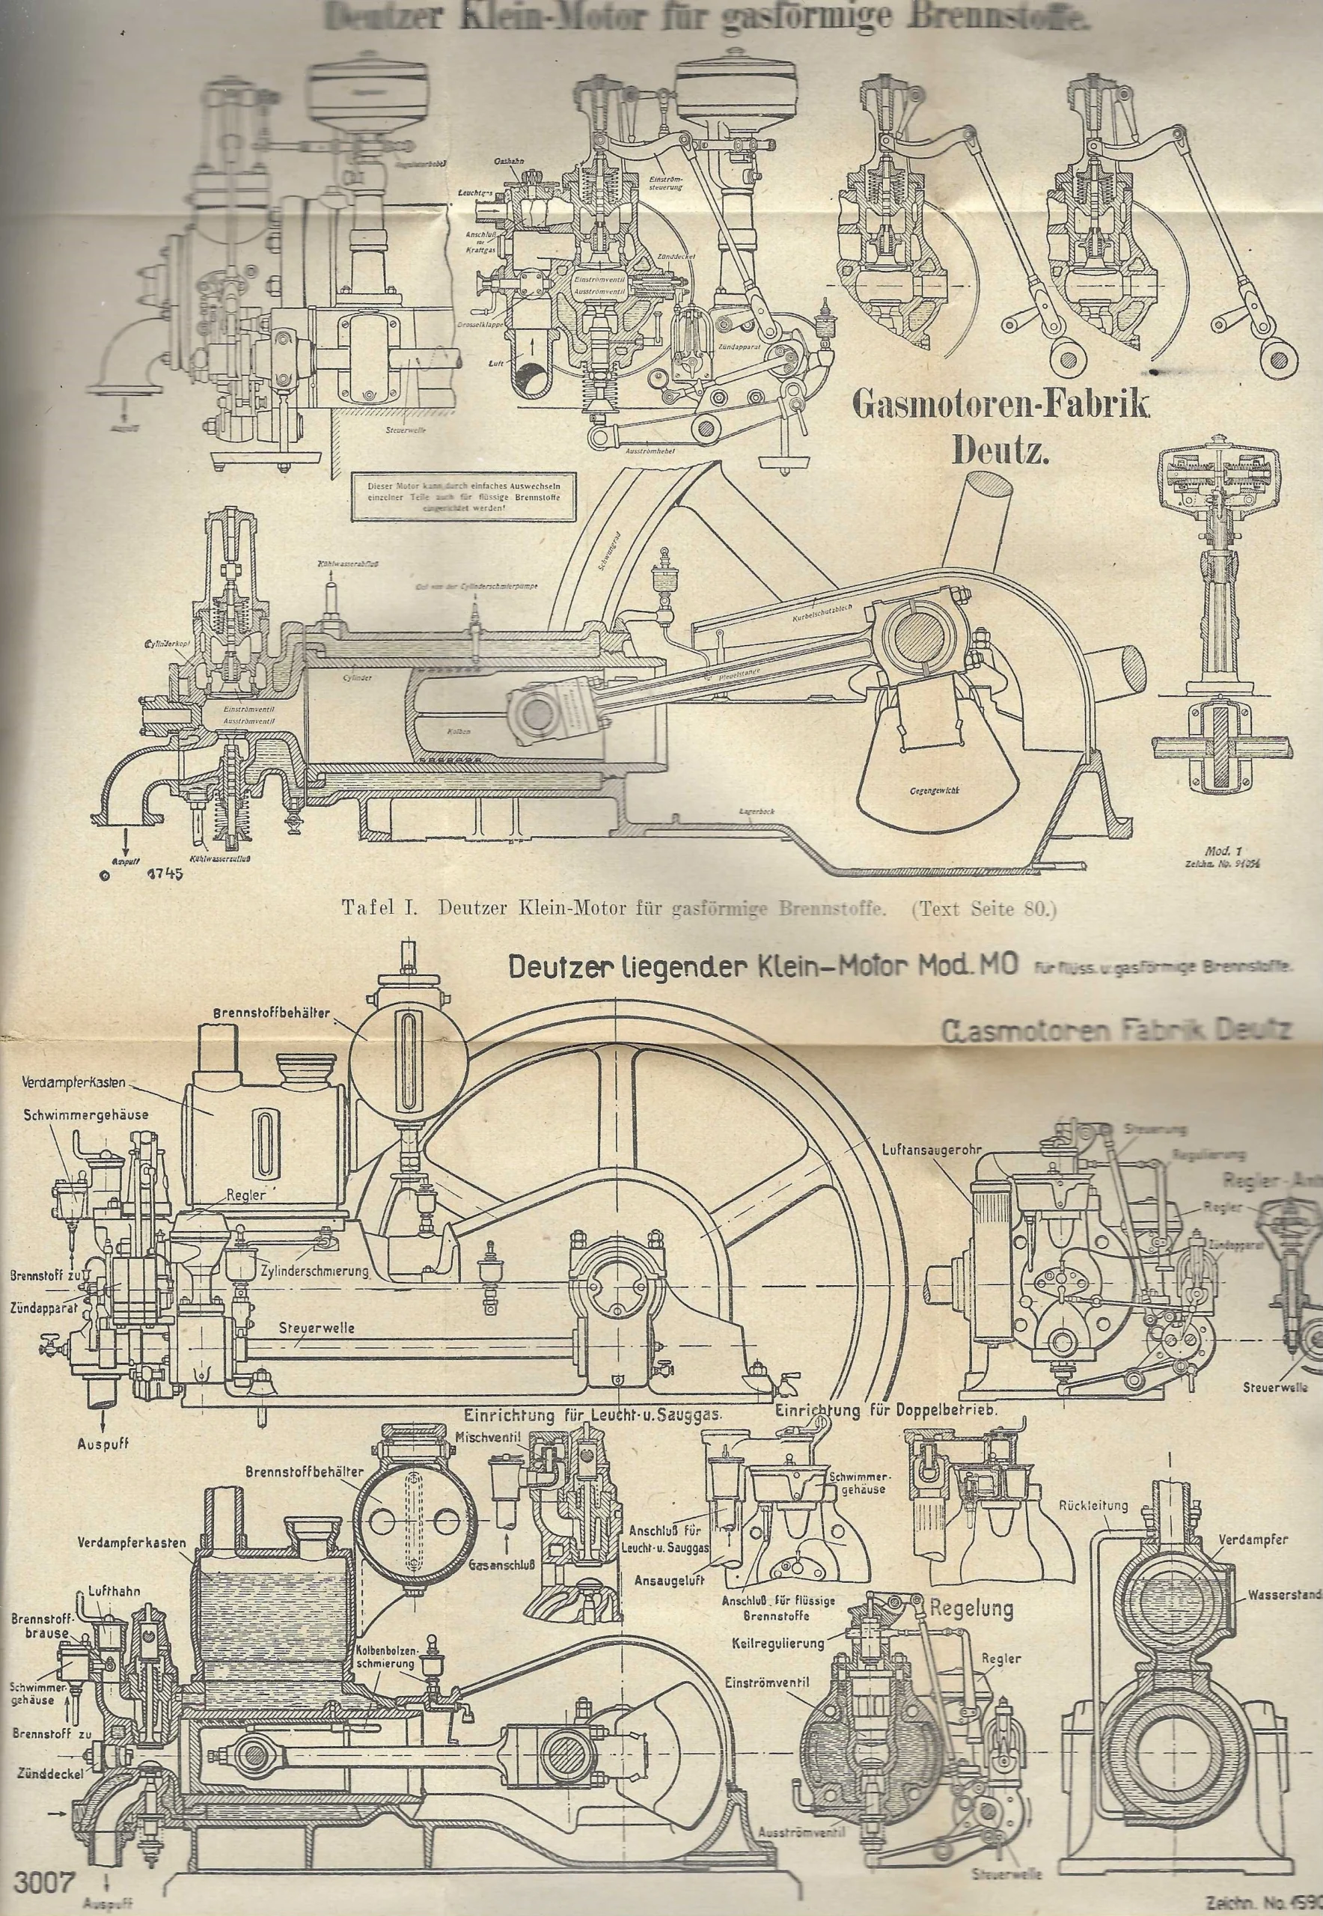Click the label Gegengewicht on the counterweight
pos(930,792)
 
